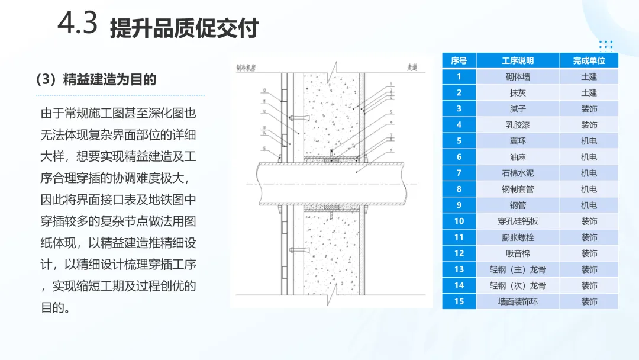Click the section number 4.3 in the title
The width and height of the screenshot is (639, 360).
click(x=78, y=25)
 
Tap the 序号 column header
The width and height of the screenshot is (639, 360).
click(x=459, y=60)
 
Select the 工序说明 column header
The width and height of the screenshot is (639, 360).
click(x=518, y=60)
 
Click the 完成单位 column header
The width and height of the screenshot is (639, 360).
click(x=589, y=60)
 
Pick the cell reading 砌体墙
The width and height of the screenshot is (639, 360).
click(x=518, y=76)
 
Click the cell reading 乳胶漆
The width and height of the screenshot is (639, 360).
click(x=518, y=125)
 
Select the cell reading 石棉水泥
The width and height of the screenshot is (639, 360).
click(x=518, y=173)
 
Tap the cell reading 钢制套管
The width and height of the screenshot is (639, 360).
click(x=518, y=189)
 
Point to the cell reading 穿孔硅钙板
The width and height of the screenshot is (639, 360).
click(x=518, y=221)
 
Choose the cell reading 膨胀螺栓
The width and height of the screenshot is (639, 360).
click(x=518, y=237)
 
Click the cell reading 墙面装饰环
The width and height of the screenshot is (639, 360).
click(x=518, y=301)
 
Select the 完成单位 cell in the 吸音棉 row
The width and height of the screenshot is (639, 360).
click(x=589, y=253)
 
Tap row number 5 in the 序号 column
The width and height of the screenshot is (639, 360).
click(x=459, y=141)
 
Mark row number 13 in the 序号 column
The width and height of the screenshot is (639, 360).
click(x=459, y=269)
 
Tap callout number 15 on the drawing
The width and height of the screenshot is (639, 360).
click(x=264, y=148)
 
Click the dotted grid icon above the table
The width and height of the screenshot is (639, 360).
click(x=605, y=46)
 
